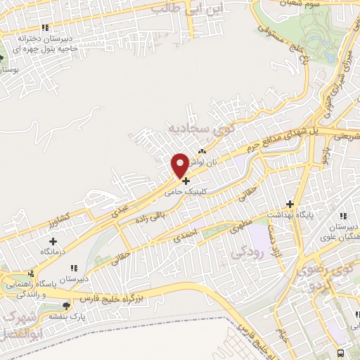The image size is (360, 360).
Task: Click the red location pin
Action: [x=180, y=165]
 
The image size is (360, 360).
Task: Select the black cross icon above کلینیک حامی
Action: [x=186, y=181]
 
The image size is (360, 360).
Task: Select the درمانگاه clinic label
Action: [x=39, y=250]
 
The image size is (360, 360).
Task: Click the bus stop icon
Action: [x=340, y=352]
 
